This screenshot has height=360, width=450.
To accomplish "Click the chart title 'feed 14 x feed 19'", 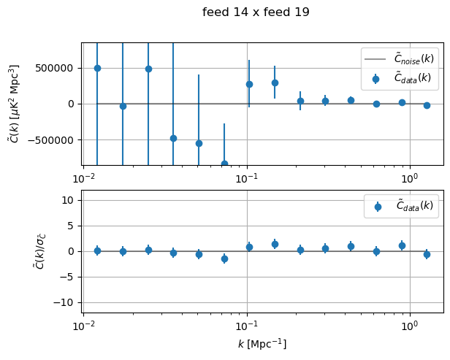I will [x=256, y=12].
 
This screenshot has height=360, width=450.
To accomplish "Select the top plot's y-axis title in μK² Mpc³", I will [x=14, y=104].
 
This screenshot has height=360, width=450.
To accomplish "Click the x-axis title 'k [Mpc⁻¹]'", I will [x=263, y=343].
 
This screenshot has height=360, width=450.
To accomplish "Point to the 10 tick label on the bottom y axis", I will [x=70, y=200].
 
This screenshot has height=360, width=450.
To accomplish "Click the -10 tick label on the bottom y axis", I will [x=67, y=302].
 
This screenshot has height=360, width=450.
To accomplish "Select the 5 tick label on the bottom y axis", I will [x=73, y=226].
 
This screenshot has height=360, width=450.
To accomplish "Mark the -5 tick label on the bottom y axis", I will [x=70, y=277].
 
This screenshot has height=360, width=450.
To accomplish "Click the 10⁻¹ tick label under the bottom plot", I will [x=247, y=323].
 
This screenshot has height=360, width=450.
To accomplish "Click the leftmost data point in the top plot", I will [x=97, y=68].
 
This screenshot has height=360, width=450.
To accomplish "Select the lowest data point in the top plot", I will [x=224, y=164].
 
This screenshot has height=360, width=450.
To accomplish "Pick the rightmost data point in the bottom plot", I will [x=427, y=254].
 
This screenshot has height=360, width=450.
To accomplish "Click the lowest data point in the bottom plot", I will [x=224, y=258].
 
